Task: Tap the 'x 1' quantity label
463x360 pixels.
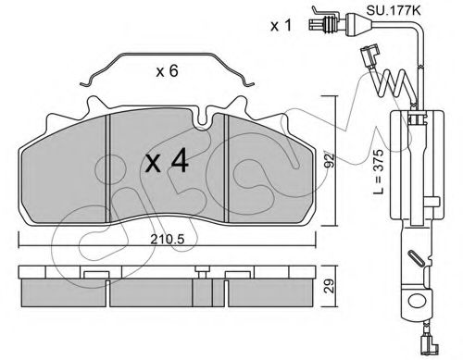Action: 281,26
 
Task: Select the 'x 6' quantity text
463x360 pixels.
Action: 167,71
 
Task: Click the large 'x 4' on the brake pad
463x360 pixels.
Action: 167,160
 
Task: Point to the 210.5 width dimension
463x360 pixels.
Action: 167,239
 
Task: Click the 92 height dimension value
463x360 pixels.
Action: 330,160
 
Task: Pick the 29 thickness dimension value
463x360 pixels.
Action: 330,286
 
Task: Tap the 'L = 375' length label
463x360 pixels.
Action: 378,171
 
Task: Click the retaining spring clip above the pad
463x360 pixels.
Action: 167,56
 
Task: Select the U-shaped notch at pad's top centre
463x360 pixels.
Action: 202,118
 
